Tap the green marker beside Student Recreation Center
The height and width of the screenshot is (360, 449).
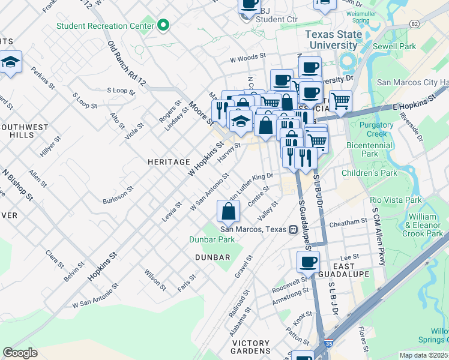(x=163, y=26)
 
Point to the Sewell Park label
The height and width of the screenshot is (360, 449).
(x=399, y=46)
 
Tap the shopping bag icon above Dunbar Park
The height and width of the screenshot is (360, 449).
(x=229, y=211)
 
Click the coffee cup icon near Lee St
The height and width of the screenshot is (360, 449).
(x=309, y=261)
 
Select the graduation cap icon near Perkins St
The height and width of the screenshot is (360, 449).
(x=10, y=62)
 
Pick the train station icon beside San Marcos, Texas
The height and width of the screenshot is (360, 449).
(x=293, y=229)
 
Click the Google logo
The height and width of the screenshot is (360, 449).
(x=20, y=353)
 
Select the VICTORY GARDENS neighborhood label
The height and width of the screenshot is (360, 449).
(x=251, y=350)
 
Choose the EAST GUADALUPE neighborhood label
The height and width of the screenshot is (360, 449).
(x=348, y=270)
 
